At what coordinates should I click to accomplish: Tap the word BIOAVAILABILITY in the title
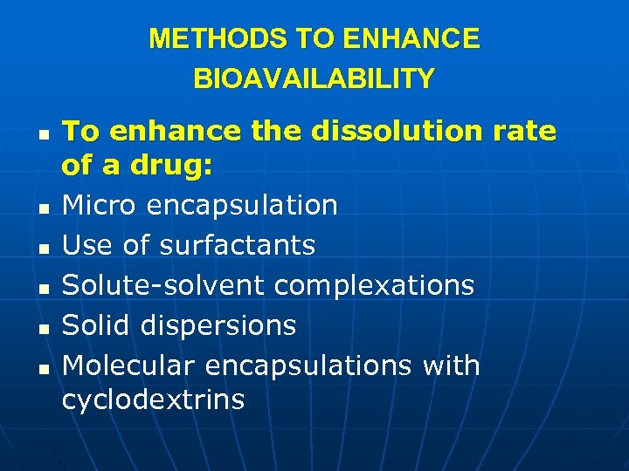pyautogui.click(x=314, y=79)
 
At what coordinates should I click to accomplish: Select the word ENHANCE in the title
pyautogui.click(x=411, y=39)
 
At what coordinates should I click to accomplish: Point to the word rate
pyautogui.click(x=523, y=131)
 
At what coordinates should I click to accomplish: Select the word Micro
pyautogui.click(x=98, y=206)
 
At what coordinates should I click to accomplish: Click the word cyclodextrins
pyautogui.click(x=153, y=400)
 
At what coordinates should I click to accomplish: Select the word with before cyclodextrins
pyautogui.click(x=451, y=365)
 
